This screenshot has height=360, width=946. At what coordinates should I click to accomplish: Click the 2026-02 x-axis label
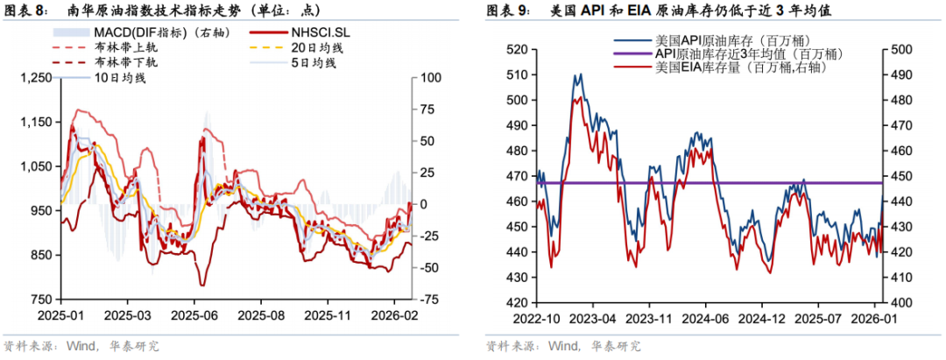(x=392, y=314)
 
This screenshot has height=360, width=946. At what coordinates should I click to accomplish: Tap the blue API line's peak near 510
(x=577, y=74)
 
